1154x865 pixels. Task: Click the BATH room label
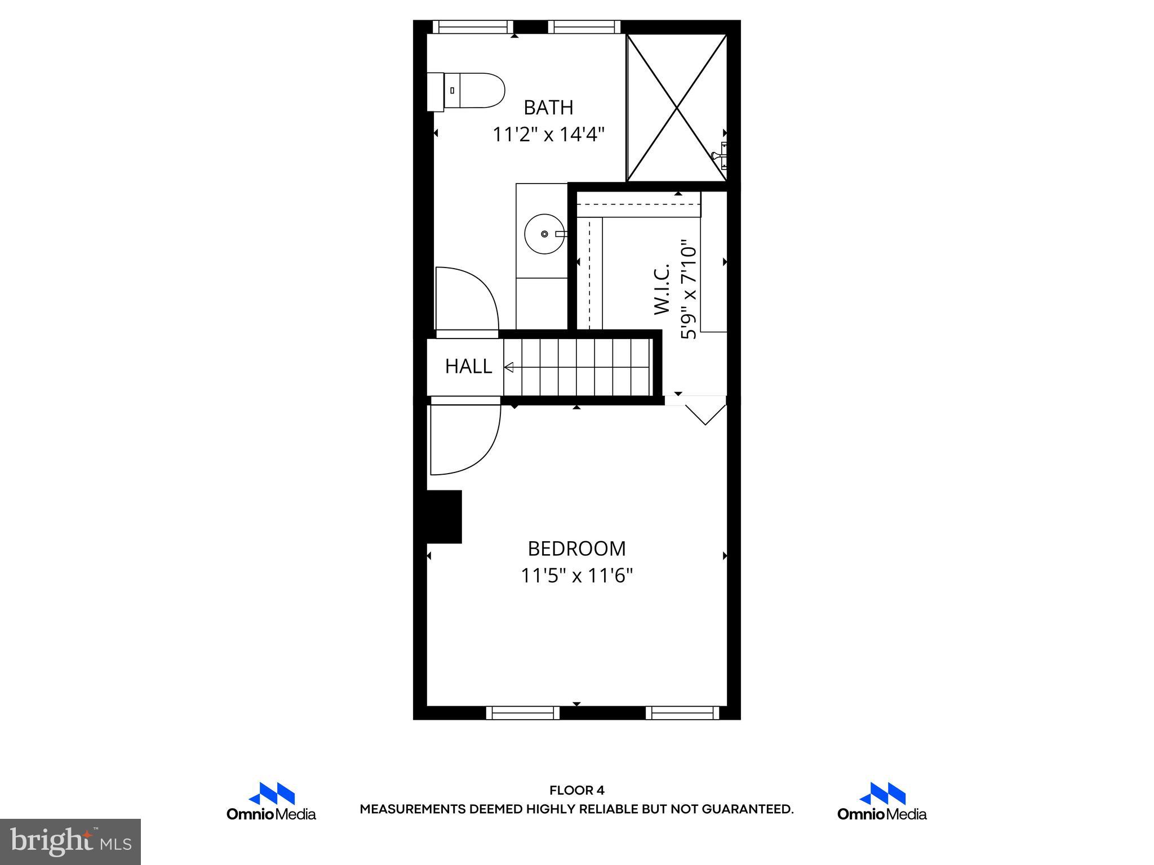(x=548, y=107)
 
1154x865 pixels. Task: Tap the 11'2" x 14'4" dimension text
(x=548, y=135)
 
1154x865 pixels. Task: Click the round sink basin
(x=544, y=234)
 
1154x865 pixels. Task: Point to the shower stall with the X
(x=677, y=108)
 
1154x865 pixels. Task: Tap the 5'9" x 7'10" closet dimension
(x=689, y=291)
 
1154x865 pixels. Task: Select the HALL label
(x=468, y=367)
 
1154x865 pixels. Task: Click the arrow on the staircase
(x=509, y=368)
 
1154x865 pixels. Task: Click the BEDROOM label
(x=576, y=549)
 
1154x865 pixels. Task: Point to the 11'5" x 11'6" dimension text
(x=576, y=576)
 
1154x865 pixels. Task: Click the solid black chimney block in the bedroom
(x=445, y=516)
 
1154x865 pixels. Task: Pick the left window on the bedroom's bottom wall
(x=523, y=713)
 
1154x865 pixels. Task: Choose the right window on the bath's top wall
(x=584, y=26)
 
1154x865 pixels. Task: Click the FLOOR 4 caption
(x=576, y=791)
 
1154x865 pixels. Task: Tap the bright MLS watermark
(x=70, y=841)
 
